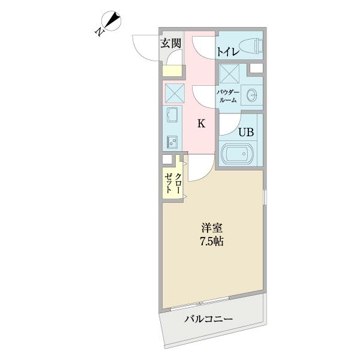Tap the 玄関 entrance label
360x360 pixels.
point(170,43)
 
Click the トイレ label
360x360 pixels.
point(228,52)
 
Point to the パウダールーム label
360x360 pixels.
point(229,96)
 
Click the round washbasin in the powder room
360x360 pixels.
point(252,95)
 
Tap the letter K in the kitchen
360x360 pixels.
point(202,124)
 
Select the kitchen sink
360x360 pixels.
point(170,115)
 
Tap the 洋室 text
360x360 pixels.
point(212,229)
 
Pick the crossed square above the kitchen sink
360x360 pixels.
point(174,94)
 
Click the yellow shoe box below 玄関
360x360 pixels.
point(172,71)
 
